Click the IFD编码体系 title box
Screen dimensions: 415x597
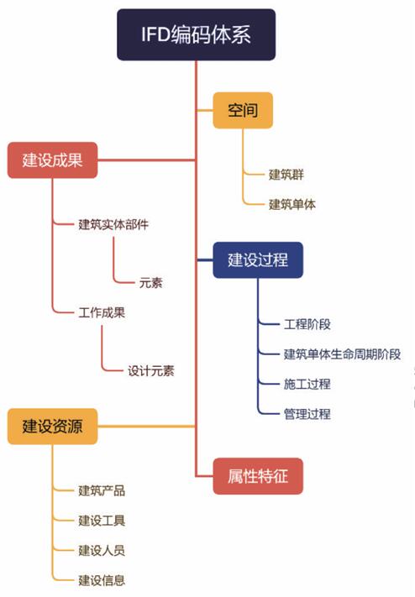[196, 34]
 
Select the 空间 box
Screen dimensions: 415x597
[243, 110]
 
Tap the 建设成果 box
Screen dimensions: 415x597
[53, 160]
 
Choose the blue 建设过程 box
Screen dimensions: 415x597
[258, 260]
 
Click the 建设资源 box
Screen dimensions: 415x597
[53, 427]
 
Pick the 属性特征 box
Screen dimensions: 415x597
[258, 476]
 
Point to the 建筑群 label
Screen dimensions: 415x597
[286, 175]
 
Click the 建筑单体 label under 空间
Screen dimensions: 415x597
[292, 204]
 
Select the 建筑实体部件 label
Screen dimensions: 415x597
[113, 224]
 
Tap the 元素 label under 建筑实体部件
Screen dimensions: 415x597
[151, 283]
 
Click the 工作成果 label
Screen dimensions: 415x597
[102, 312]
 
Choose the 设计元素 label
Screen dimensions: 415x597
[151, 371]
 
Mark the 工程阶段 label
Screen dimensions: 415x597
[307, 324]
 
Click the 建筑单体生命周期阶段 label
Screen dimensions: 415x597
[342, 354]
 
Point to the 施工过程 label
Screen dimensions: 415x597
[307, 384]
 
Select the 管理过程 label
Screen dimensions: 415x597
[307, 414]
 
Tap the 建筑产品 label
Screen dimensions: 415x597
[102, 490]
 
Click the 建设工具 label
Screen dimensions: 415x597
[102, 521]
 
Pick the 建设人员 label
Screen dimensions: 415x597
[102, 550]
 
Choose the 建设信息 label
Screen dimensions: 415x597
[102, 580]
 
